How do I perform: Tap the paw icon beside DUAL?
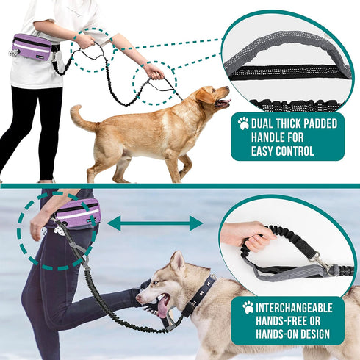(243, 123)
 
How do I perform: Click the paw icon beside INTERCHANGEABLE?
(248, 307)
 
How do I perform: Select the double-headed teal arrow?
(155, 223)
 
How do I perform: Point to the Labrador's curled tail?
(80, 117)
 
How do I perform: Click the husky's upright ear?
(177, 262)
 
